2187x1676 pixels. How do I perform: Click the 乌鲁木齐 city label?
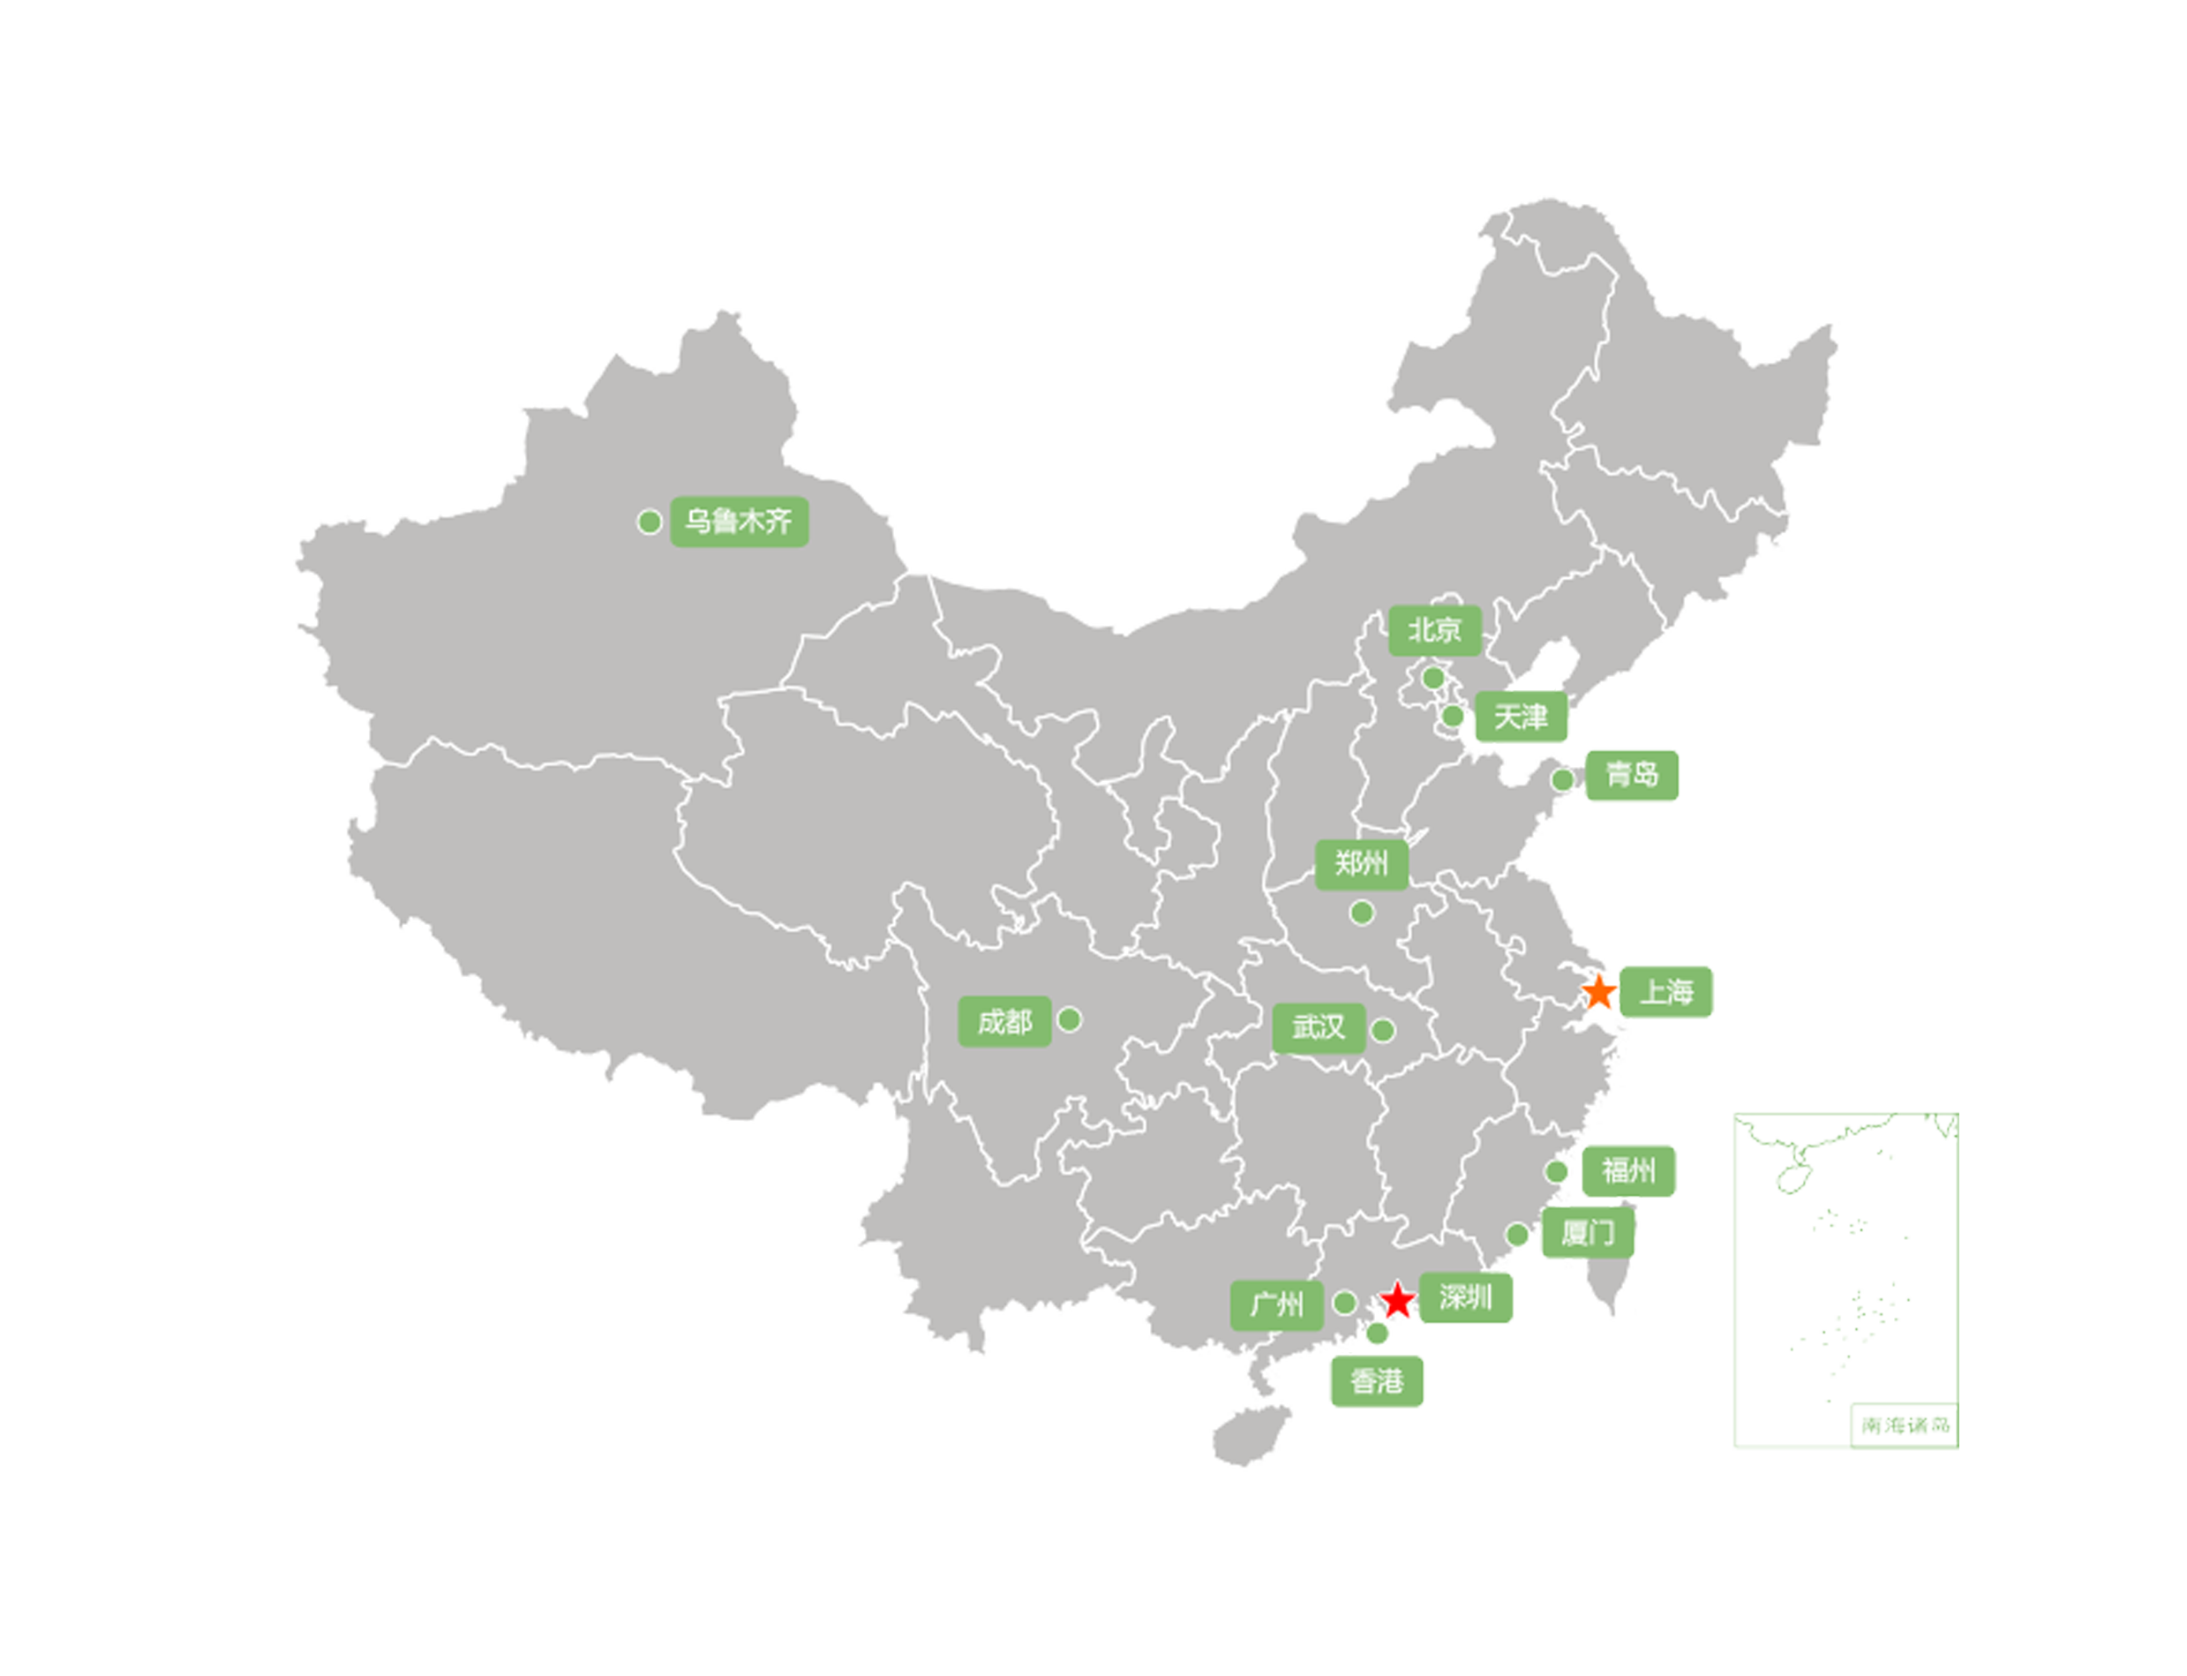point(739,521)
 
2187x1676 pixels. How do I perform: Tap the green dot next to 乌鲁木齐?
point(650,522)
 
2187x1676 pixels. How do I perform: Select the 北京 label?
point(1435,629)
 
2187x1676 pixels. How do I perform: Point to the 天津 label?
point(1522,717)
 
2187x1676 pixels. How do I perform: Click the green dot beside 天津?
point(1454,717)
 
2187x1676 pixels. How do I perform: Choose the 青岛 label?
point(1632,774)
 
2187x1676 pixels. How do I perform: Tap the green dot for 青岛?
point(1562,779)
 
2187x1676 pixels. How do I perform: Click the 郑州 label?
point(1361,864)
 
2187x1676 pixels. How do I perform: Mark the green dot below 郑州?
point(1362,913)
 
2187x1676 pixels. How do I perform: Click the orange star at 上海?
point(1599,992)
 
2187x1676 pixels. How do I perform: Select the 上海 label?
point(1665,992)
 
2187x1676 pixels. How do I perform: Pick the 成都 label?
point(1004,1021)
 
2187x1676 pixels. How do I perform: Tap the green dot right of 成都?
point(1070,1019)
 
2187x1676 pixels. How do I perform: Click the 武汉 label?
point(1318,1027)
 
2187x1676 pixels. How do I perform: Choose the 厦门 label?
point(1588,1233)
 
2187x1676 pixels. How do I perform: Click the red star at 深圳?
point(1398,1300)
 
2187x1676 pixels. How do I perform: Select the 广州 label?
point(1276,1305)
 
